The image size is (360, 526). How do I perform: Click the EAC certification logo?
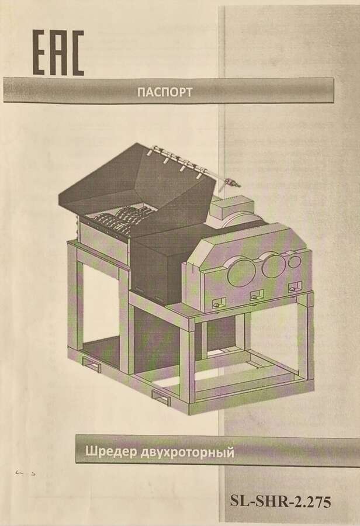tap(58, 53)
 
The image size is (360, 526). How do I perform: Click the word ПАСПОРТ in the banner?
tap(165, 92)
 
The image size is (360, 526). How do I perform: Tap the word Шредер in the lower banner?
tap(110, 452)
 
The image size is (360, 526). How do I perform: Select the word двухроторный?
tap(187, 452)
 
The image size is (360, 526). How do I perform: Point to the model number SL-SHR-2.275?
tap(280, 502)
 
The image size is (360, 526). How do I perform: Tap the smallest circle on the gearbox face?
tap(294, 261)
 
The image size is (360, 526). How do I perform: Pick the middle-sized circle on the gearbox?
tap(273, 265)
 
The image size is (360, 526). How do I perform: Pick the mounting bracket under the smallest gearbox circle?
tap(293, 287)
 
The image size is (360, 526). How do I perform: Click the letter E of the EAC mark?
tap(40, 53)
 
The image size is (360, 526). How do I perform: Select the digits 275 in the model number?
tap(319, 502)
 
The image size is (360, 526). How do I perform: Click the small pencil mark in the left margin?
tap(26, 473)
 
